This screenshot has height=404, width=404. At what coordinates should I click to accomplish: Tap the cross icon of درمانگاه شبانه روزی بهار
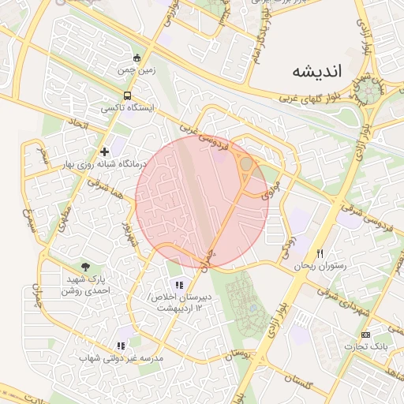tap(103, 151)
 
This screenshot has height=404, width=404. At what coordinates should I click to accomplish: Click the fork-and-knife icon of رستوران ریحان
tap(320, 254)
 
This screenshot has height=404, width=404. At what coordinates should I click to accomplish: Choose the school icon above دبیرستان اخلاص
tap(179, 284)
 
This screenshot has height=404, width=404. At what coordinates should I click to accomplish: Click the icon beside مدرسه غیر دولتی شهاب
tap(121, 345)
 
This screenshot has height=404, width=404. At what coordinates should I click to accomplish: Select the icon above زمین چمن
tap(137, 58)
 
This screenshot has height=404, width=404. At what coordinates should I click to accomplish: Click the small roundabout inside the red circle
tap(246, 163)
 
